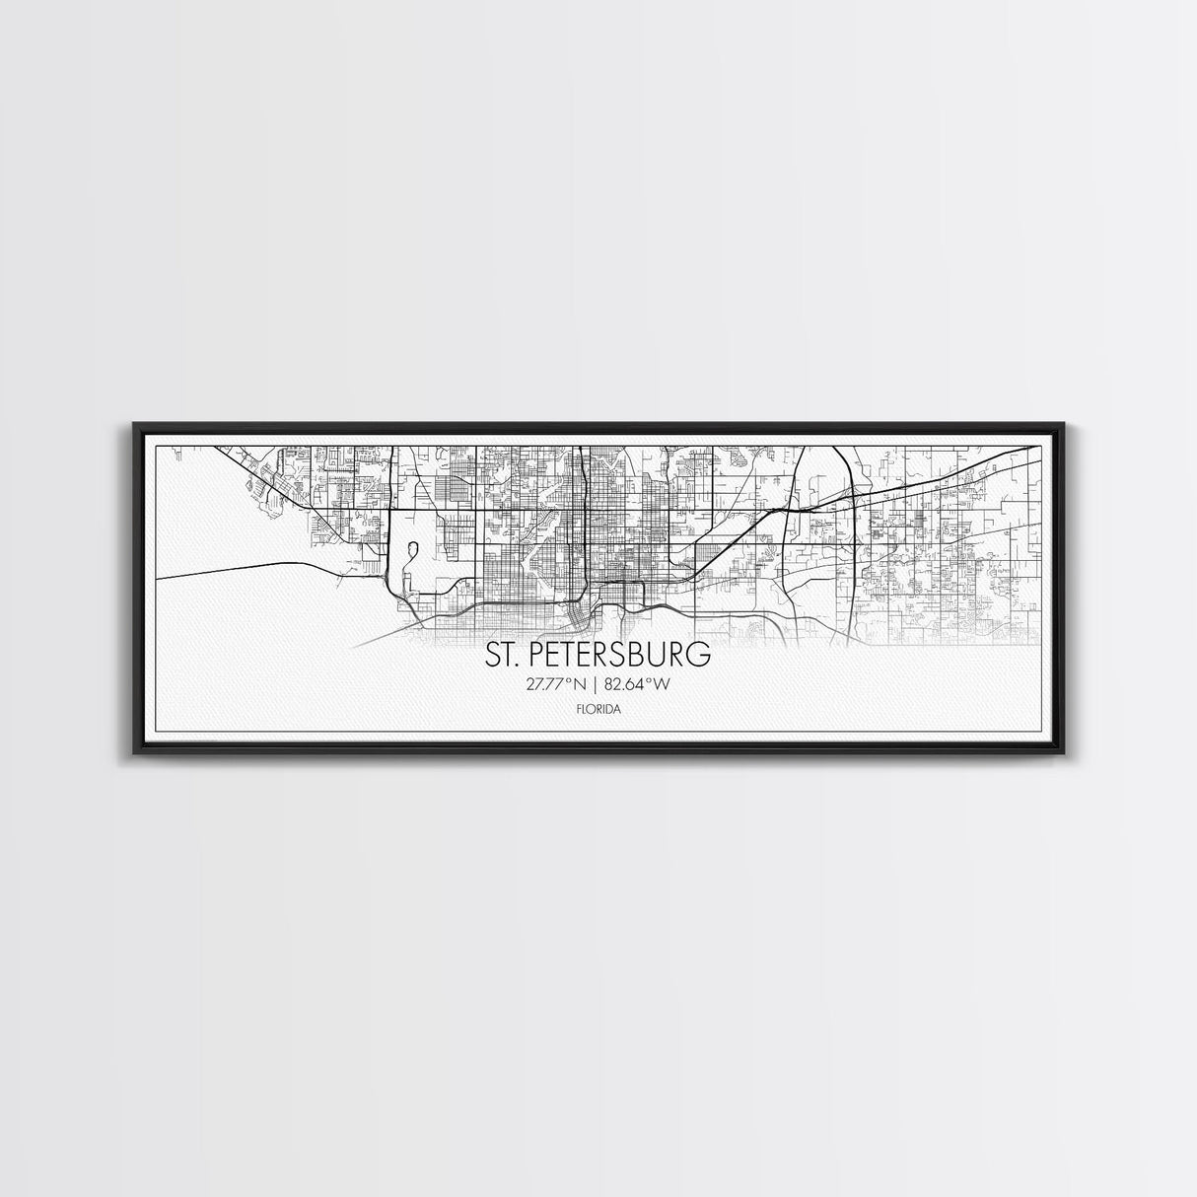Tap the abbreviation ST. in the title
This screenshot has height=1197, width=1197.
pyautogui.click(x=499, y=655)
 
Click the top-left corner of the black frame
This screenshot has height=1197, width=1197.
pyautogui.click(x=134, y=425)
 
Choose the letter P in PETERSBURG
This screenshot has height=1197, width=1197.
pyautogui.click(x=531, y=655)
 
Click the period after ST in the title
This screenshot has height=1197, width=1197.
pyautogui.click(x=515, y=664)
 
